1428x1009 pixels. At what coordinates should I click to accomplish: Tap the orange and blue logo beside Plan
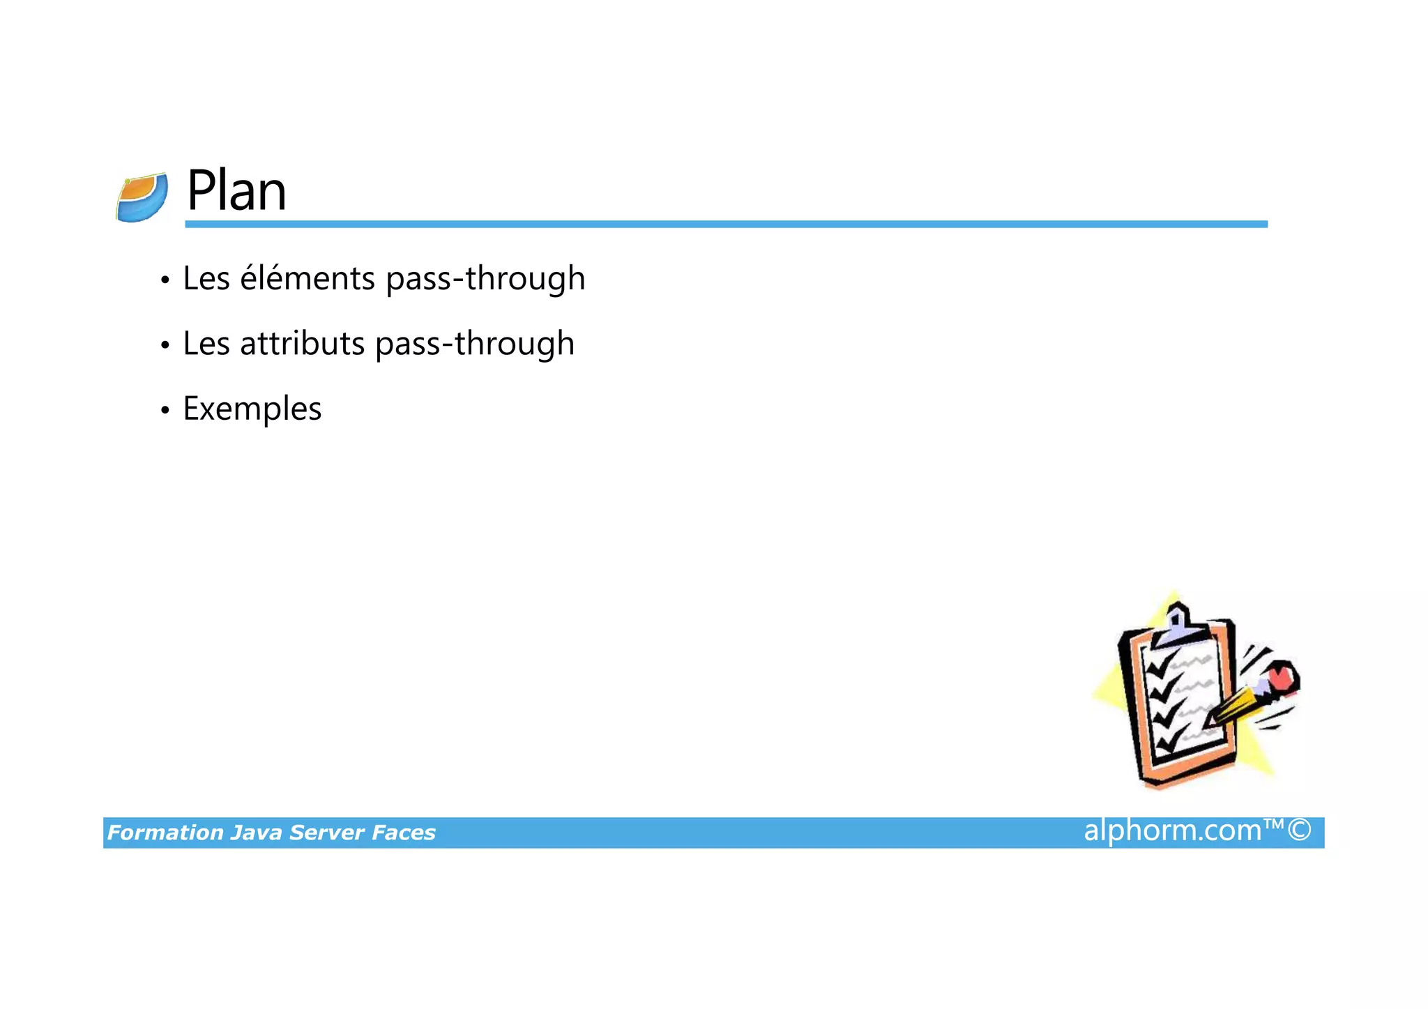tap(142, 198)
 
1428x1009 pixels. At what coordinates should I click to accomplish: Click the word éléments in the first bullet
tap(307, 278)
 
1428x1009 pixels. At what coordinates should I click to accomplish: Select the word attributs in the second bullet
tap(302, 344)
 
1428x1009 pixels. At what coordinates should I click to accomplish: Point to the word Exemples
tap(252, 409)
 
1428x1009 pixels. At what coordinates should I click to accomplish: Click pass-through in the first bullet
tap(485, 278)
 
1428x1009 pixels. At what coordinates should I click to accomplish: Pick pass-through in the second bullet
tap(474, 344)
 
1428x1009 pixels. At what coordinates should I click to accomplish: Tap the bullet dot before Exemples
tap(165, 410)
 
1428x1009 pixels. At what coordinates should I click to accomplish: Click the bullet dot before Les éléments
tap(165, 280)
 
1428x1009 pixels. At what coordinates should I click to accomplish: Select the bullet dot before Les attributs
tap(165, 345)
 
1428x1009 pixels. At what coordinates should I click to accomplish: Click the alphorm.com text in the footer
tap(1172, 830)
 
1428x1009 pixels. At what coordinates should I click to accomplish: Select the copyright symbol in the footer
tap(1299, 830)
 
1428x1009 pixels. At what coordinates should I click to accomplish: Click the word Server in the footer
tap(326, 833)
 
